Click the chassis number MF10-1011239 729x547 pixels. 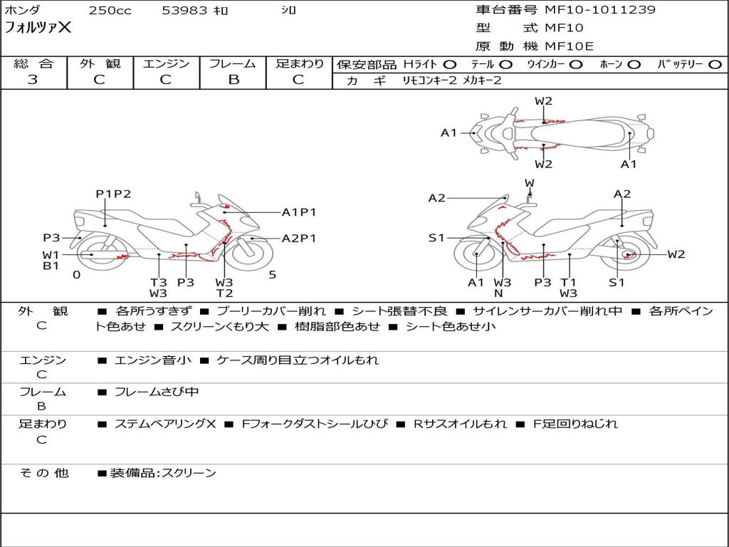(x=600, y=10)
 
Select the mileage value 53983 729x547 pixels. (x=184, y=11)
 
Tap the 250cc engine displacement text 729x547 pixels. (x=109, y=11)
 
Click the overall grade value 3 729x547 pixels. (x=33, y=80)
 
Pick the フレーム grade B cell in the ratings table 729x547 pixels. (x=233, y=80)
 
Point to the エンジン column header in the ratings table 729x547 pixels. (x=166, y=64)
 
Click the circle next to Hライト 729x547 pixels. (x=450, y=65)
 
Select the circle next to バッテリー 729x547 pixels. (x=715, y=65)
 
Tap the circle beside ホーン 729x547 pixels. (x=634, y=65)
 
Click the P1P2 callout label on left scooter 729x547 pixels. (x=114, y=194)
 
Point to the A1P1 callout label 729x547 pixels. (x=299, y=212)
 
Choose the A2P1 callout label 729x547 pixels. (x=299, y=239)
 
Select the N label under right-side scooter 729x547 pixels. (x=498, y=293)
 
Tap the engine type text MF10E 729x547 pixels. (x=570, y=46)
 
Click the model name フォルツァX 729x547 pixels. (x=38, y=28)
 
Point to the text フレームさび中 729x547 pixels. (x=157, y=392)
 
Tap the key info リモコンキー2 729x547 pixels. (x=425, y=80)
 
